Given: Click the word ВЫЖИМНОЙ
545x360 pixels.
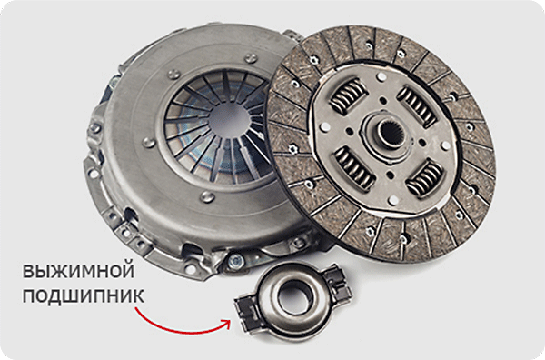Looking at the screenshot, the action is pyautogui.click(x=78, y=271).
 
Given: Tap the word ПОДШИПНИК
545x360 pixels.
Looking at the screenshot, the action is pyautogui.click(x=83, y=296).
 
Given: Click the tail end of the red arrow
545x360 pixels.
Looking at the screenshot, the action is pyautogui.click(x=136, y=308).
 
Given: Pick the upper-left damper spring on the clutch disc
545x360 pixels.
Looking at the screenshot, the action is pyautogui.click(x=348, y=95).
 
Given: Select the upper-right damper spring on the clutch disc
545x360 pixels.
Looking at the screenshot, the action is pyautogui.click(x=417, y=106).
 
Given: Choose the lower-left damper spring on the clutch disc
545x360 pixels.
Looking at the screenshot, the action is pyautogui.click(x=355, y=168).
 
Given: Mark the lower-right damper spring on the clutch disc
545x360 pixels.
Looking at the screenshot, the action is pyautogui.click(x=425, y=178).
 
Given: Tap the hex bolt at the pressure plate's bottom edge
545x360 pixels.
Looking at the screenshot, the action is pyautogui.click(x=234, y=260).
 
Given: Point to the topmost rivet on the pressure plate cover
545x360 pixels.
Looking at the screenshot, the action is pyautogui.click(x=251, y=57).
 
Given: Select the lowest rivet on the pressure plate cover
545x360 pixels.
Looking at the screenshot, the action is pyautogui.click(x=207, y=196).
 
